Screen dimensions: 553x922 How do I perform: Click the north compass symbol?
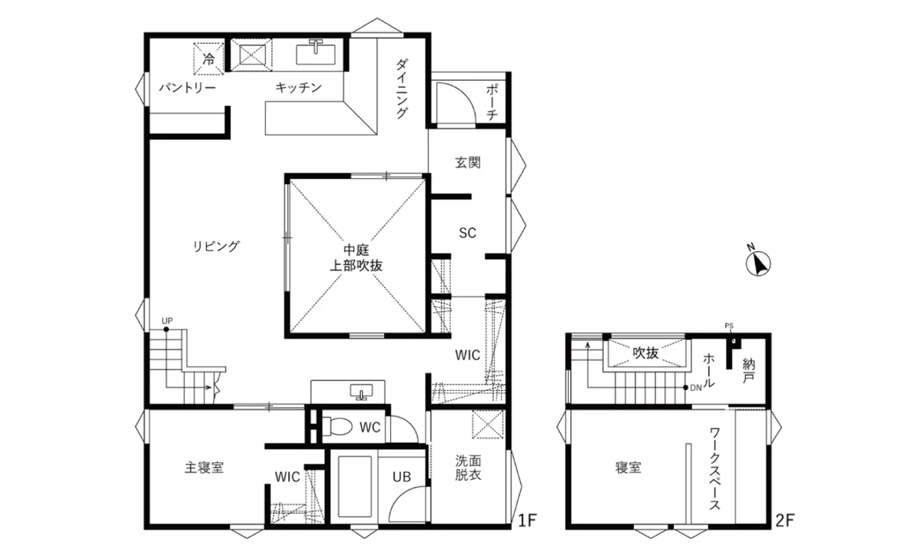click(759, 263)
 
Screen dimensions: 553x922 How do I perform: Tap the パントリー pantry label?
click(187, 88)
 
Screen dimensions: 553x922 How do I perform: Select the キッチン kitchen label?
click(298, 88)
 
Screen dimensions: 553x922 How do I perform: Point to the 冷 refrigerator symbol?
click(208, 58)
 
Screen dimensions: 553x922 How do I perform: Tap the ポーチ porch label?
click(493, 101)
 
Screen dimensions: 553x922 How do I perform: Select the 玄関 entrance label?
click(467, 163)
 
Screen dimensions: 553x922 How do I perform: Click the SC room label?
click(467, 233)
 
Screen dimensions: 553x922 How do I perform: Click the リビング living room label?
click(216, 247)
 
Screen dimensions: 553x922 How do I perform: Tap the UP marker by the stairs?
click(167, 321)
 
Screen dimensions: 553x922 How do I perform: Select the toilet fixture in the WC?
click(337, 426)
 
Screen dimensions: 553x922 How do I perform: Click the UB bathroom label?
click(402, 477)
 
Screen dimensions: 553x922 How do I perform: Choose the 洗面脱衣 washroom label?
click(467, 469)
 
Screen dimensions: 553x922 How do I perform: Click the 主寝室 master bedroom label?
click(204, 467)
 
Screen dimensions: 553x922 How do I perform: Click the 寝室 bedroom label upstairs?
click(628, 467)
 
